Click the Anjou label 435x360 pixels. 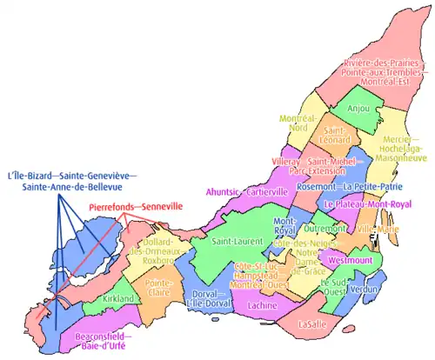tap(358, 109)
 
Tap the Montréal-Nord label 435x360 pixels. tap(298, 123)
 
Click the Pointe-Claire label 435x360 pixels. tap(158, 287)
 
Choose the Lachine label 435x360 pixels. tap(262, 306)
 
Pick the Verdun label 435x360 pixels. tap(364, 288)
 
